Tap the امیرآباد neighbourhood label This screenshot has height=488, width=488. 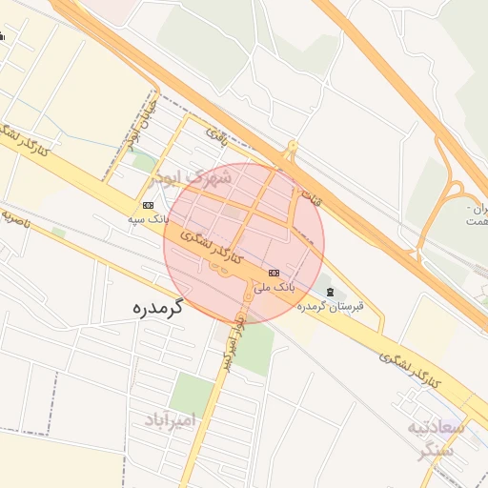click(171, 419)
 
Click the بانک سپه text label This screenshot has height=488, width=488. click(149, 218)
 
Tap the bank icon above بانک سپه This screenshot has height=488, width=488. click(149, 205)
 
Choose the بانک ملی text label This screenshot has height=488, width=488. click(279, 285)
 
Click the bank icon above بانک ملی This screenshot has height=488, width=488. click(274, 272)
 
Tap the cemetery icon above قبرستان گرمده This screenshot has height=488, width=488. click(330, 291)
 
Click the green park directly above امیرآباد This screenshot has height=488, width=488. click(193, 392)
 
